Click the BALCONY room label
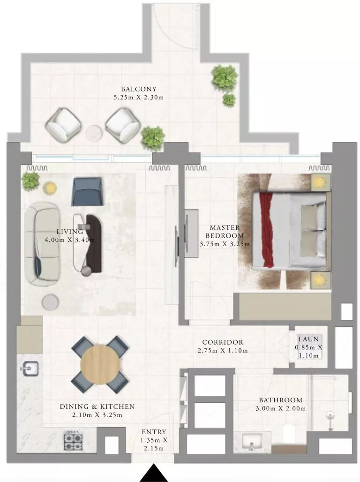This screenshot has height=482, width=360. [138, 89]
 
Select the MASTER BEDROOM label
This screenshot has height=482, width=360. [224, 232]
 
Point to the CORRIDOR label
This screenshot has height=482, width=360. [223, 342]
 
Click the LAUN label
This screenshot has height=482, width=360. [308, 339]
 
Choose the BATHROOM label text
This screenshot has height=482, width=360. [280, 400]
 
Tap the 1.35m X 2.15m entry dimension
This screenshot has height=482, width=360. [155, 444]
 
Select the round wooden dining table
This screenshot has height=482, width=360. [100, 364]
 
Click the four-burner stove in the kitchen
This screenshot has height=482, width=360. [73, 440]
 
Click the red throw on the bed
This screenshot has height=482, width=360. [268, 230]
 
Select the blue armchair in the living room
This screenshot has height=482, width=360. [87, 191]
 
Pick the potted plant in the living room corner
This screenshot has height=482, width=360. [30, 181]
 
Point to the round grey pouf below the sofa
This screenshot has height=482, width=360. [50, 302]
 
